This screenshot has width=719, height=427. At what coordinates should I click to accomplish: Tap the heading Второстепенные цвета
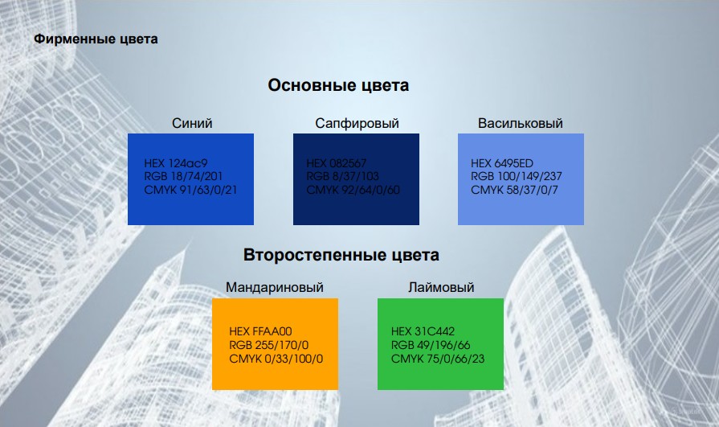341,256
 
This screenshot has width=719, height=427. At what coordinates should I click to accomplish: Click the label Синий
192,123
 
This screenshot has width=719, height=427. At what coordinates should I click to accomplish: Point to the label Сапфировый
357,123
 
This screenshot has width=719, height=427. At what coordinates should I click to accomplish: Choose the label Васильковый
521,123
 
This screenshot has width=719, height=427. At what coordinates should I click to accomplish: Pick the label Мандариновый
275,287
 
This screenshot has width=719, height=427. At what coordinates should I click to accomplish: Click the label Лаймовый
441,287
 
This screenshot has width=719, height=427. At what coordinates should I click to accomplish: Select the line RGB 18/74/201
181,176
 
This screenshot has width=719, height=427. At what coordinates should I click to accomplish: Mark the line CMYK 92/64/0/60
353,190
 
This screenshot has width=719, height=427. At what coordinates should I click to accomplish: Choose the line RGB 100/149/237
515,176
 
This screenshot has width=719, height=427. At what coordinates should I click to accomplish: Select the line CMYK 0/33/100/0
276,359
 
